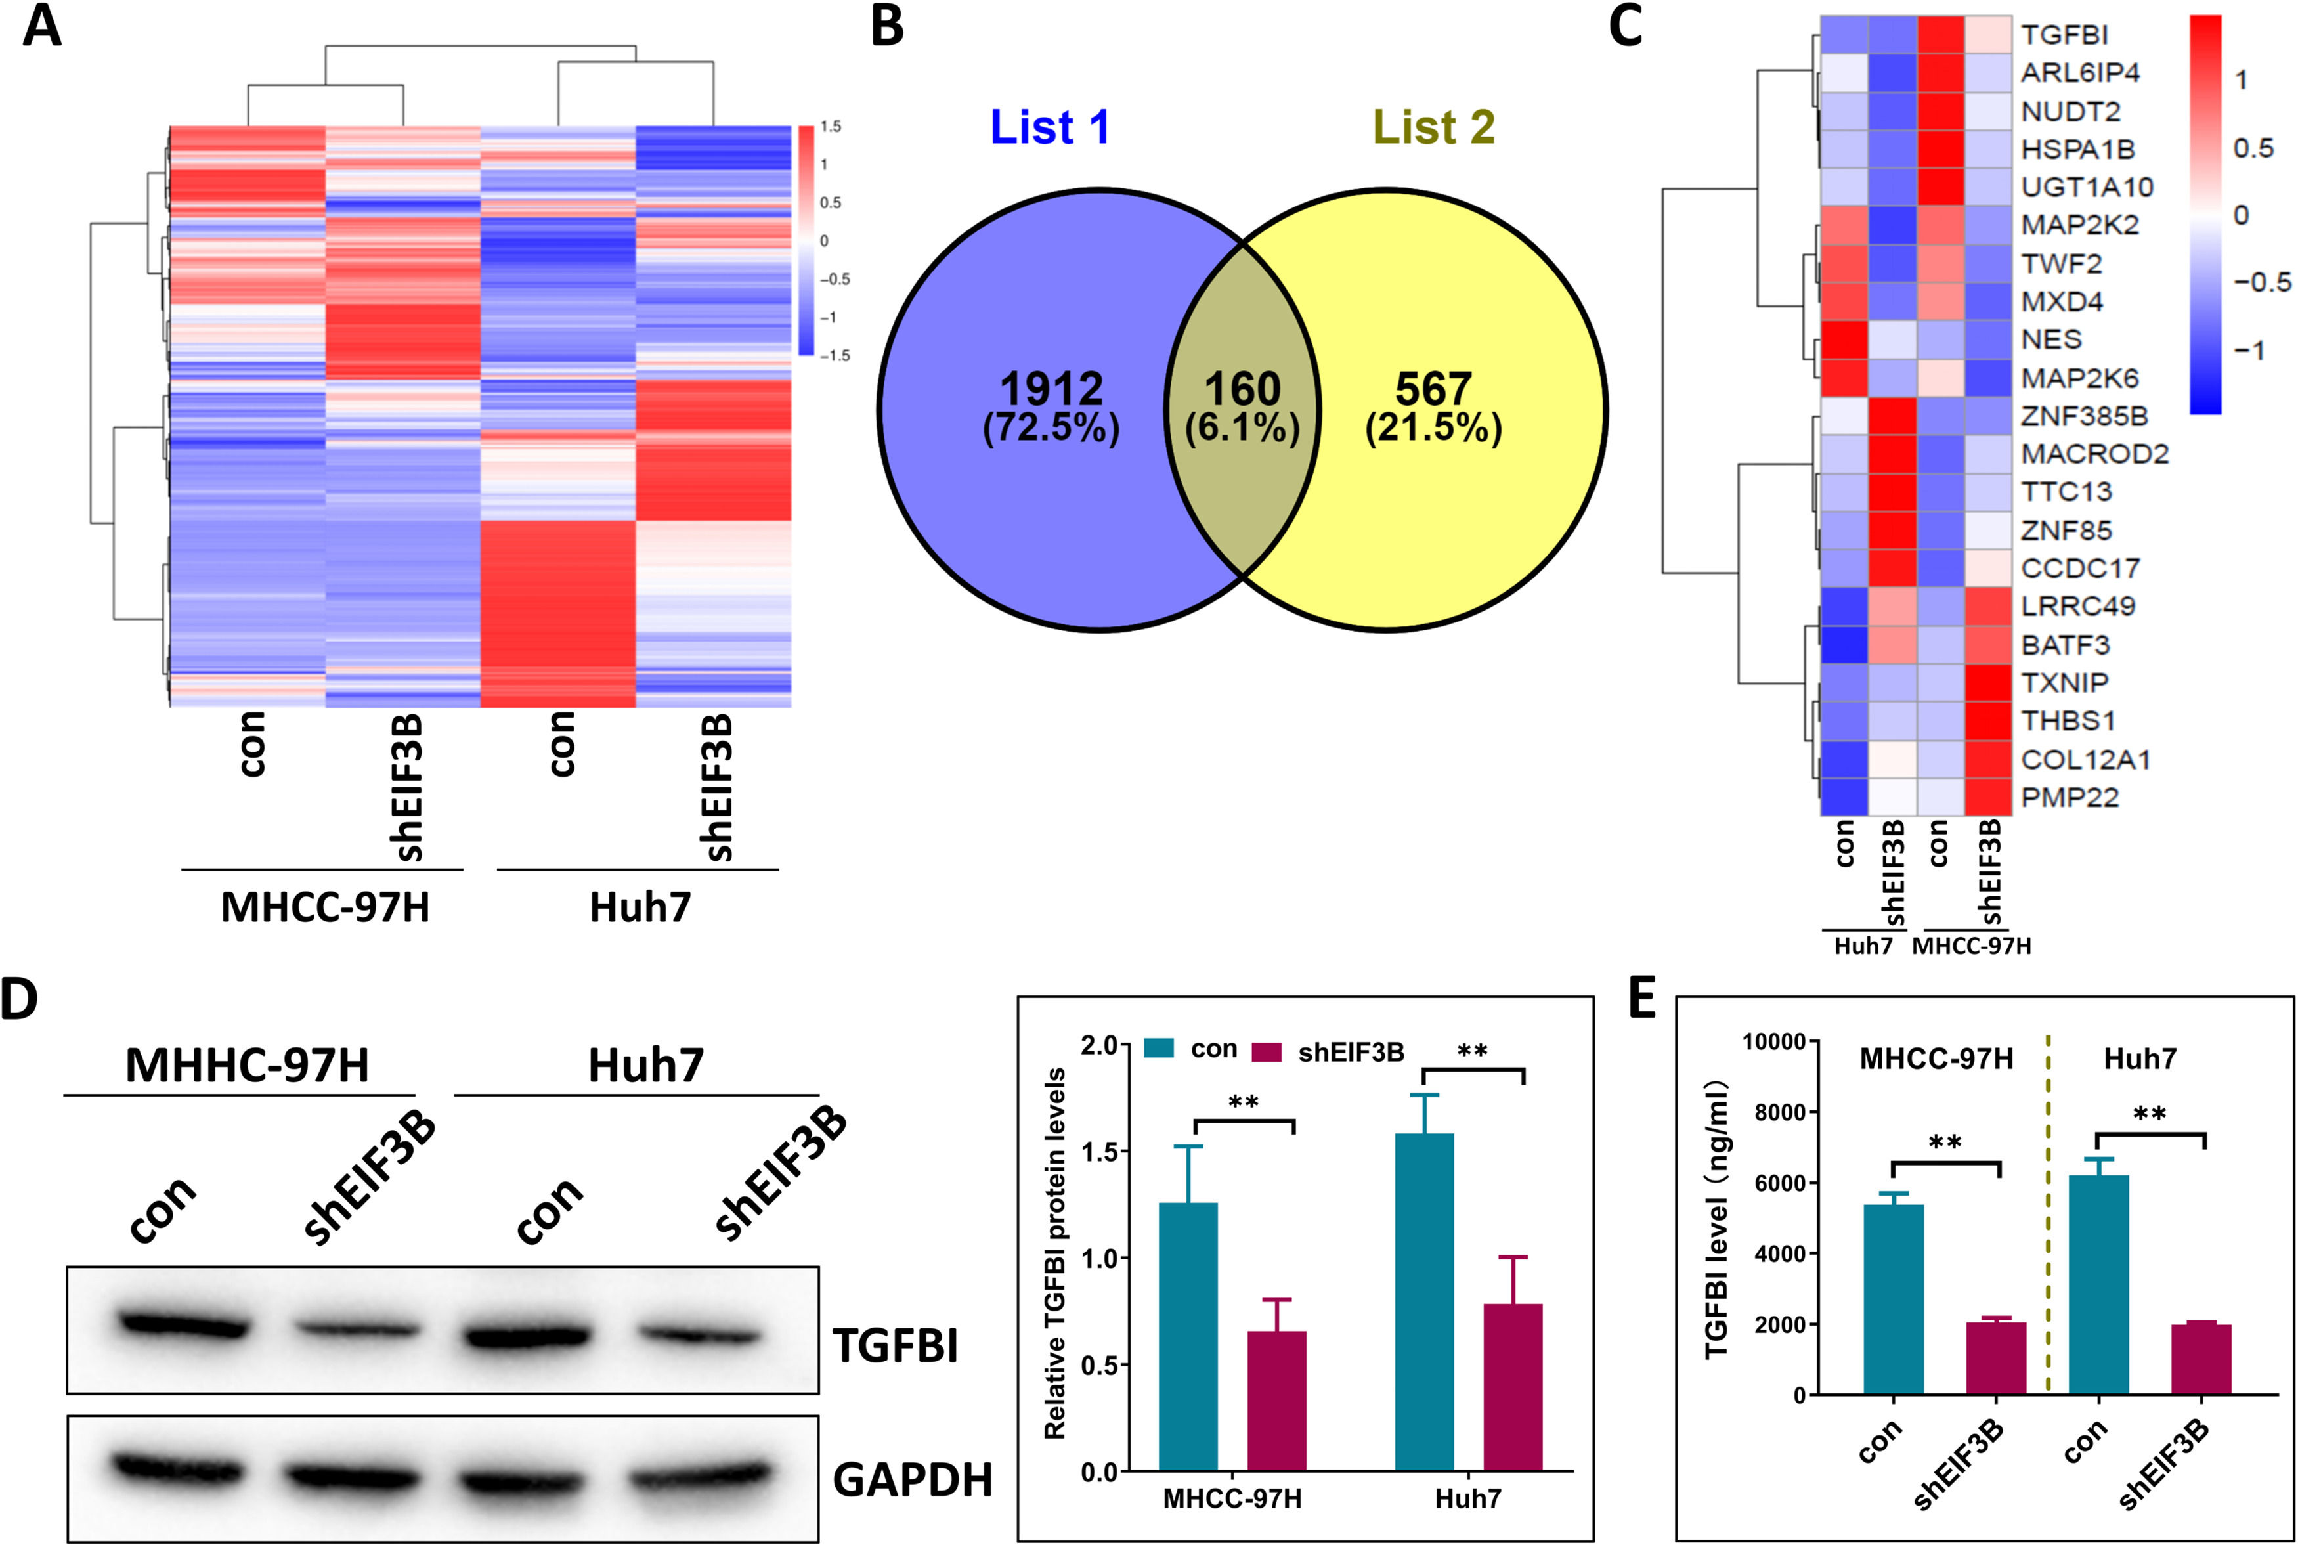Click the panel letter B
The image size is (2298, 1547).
(886, 27)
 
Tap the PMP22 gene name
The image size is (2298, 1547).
(2070, 797)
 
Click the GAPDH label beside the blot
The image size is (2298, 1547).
(912, 1481)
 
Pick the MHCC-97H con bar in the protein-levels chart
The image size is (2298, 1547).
(1188, 1337)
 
